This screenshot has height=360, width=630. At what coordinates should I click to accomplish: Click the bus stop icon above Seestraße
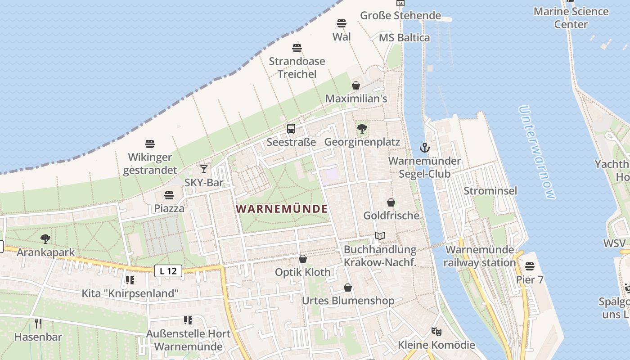(x=291, y=129)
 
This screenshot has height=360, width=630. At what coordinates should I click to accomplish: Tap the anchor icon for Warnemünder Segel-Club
(x=424, y=147)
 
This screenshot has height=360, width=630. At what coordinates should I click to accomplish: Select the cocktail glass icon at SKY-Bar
(x=204, y=169)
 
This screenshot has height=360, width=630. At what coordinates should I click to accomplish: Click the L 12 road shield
(x=168, y=271)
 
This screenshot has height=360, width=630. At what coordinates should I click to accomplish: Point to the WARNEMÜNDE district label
(x=282, y=209)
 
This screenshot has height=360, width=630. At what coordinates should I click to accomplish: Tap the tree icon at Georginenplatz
(x=362, y=129)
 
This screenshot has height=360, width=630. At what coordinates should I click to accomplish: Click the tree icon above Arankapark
(x=45, y=239)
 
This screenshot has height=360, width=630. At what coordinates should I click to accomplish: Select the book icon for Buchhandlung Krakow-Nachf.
(x=380, y=236)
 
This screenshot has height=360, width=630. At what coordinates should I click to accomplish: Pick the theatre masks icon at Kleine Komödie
(x=436, y=332)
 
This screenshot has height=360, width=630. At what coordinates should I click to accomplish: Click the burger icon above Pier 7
(x=530, y=266)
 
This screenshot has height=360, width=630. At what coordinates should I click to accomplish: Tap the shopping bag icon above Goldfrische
(x=391, y=202)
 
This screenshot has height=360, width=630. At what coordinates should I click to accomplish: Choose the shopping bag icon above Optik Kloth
(x=303, y=259)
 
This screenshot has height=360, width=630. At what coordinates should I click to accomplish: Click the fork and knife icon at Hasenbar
(x=38, y=323)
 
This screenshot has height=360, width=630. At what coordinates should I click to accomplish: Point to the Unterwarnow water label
(x=537, y=152)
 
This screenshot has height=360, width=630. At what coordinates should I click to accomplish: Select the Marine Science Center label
(x=571, y=18)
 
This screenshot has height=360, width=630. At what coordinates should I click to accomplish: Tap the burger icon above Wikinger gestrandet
(x=150, y=144)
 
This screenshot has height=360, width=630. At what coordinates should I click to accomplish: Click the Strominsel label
(x=490, y=191)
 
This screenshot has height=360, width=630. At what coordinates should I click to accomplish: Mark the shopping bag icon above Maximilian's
(x=356, y=85)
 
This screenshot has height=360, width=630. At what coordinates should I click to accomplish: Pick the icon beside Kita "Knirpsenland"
(x=130, y=280)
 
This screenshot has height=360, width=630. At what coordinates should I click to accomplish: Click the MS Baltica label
(x=404, y=38)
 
